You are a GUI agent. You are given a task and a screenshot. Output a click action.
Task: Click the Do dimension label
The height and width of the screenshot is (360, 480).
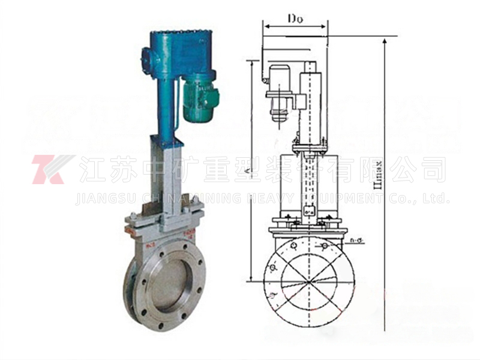pyautogui.click(x=295, y=18)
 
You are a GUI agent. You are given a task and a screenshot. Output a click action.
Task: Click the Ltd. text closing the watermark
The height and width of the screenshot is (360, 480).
pyautogui.click(x=434, y=198)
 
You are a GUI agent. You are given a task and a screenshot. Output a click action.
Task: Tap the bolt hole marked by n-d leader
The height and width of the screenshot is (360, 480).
pyautogui.click(x=324, y=247)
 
